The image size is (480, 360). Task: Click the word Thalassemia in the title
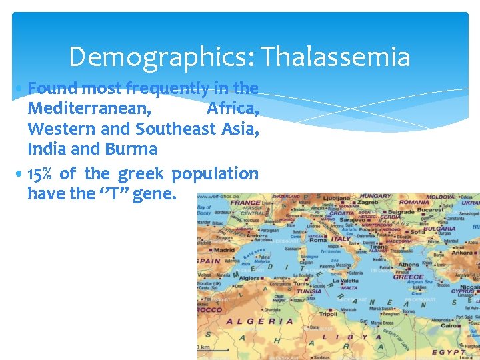point(335,57)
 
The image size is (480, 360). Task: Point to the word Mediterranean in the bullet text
point(89,107)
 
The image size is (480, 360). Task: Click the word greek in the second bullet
point(141,174)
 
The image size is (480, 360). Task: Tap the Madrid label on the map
point(225,251)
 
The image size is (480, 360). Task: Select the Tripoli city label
point(329,313)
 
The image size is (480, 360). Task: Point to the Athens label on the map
point(409,265)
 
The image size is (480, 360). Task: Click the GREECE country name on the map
point(407,277)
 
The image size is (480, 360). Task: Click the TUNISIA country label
point(309,291)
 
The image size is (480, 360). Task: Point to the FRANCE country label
point(245,203)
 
